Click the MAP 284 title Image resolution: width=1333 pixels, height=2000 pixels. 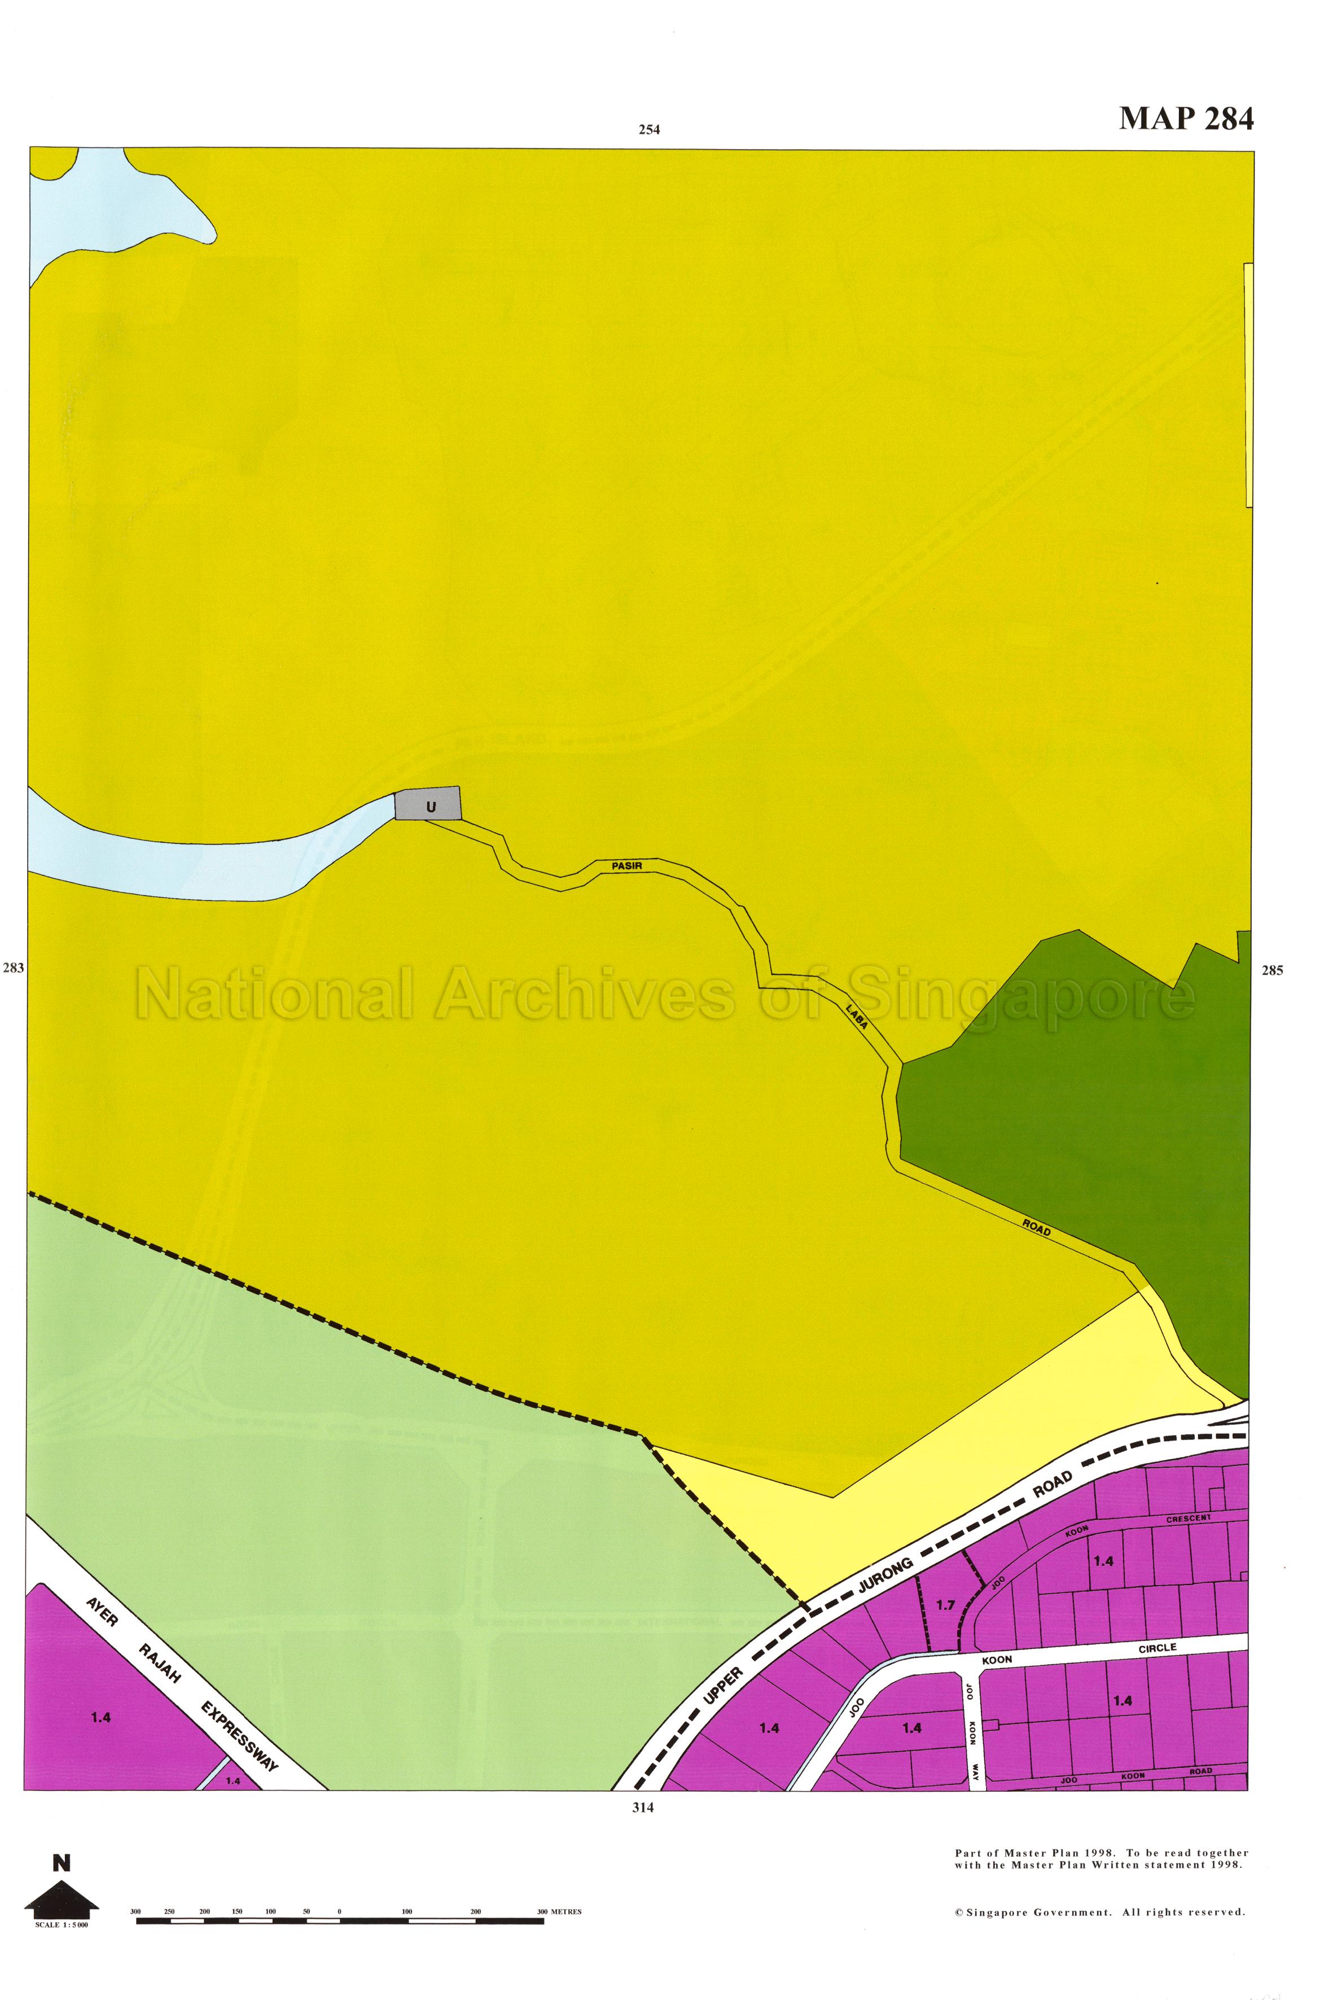click(1185, 118)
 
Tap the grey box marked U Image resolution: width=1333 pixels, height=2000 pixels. click(429, 804)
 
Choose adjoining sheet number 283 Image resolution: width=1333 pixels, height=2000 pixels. click(14, 968)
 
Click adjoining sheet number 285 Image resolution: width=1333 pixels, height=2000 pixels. click(1272, 970)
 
